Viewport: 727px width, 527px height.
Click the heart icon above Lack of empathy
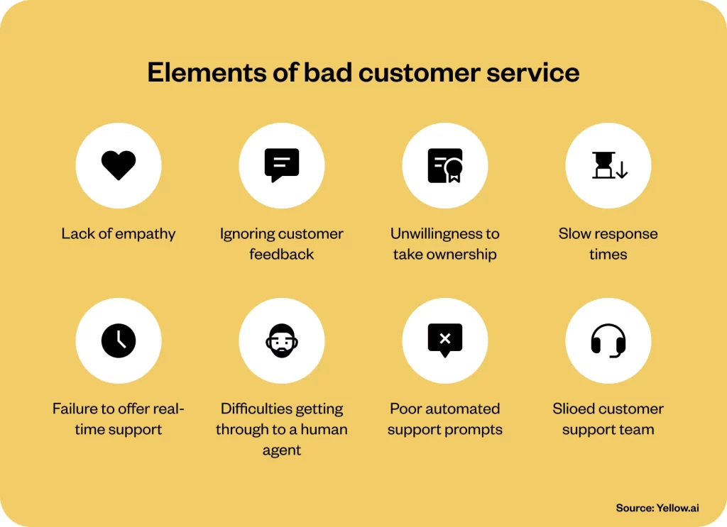click(x=119, y=165)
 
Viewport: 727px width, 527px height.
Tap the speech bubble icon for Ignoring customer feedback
click(x=282, y=165)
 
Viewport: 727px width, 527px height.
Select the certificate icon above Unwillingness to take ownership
click(x=445, y=165)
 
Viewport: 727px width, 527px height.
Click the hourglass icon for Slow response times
click(x=609, y=165)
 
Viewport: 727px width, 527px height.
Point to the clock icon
click(x=119, y=340)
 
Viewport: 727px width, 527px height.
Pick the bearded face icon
click(x=282, y=340)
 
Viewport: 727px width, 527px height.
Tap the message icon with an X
click(x=445, y=340)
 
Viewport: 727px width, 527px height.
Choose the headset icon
click(x=608, y=340)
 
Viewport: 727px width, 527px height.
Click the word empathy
click(x=146, y=234)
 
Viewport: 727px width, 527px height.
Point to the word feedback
click(x=282, y=254)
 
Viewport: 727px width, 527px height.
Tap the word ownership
click(x=461, y=254)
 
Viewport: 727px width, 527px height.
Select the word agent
click(x=282, y=450)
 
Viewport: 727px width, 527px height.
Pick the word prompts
click(x=476, y=429)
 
